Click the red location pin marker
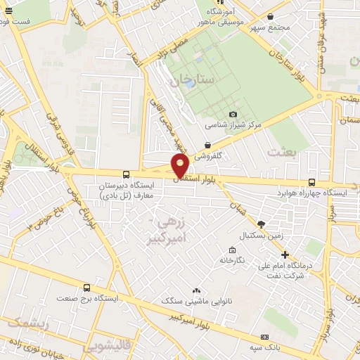pyautogui.click(x=181, y=165)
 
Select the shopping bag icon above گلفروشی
pyautogui.click(x=208, y=146)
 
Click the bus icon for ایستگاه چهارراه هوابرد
pyautogui.click(x=312, y=182)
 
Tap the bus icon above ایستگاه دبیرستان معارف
pyautogui.click(x=126, y=174)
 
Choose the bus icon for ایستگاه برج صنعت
pyautogui.click(x=86, y=288)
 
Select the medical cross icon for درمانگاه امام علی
pyautogui.click(x=285, y=255)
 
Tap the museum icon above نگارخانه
pyautogui.click(x=232, y=250)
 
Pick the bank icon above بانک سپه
pyautogui.click(x=264, y=337)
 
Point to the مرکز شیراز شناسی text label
pyautogui.click(x=233, y=125)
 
